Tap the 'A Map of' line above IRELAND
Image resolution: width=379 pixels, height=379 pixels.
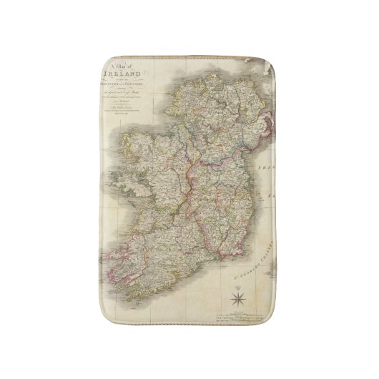(118, 64)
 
